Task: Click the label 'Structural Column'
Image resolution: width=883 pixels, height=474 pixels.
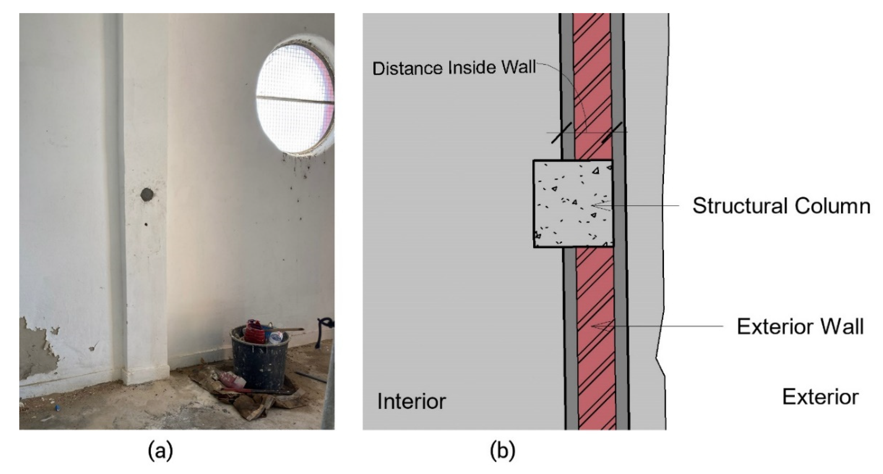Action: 781,206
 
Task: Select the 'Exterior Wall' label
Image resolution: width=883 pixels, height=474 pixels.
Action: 800,326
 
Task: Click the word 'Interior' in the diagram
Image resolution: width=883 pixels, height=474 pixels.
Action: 411,401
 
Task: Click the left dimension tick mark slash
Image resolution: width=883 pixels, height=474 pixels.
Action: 561,133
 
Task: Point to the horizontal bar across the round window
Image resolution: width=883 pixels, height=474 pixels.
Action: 295,100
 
